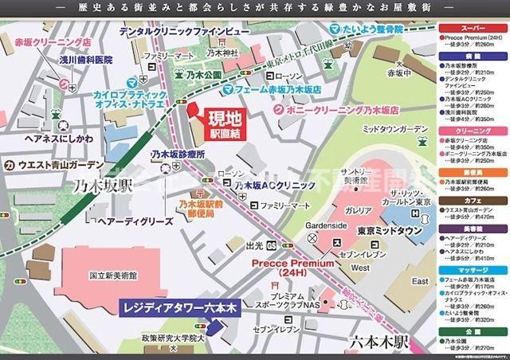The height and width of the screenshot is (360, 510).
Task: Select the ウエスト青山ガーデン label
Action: click(53, 166)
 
